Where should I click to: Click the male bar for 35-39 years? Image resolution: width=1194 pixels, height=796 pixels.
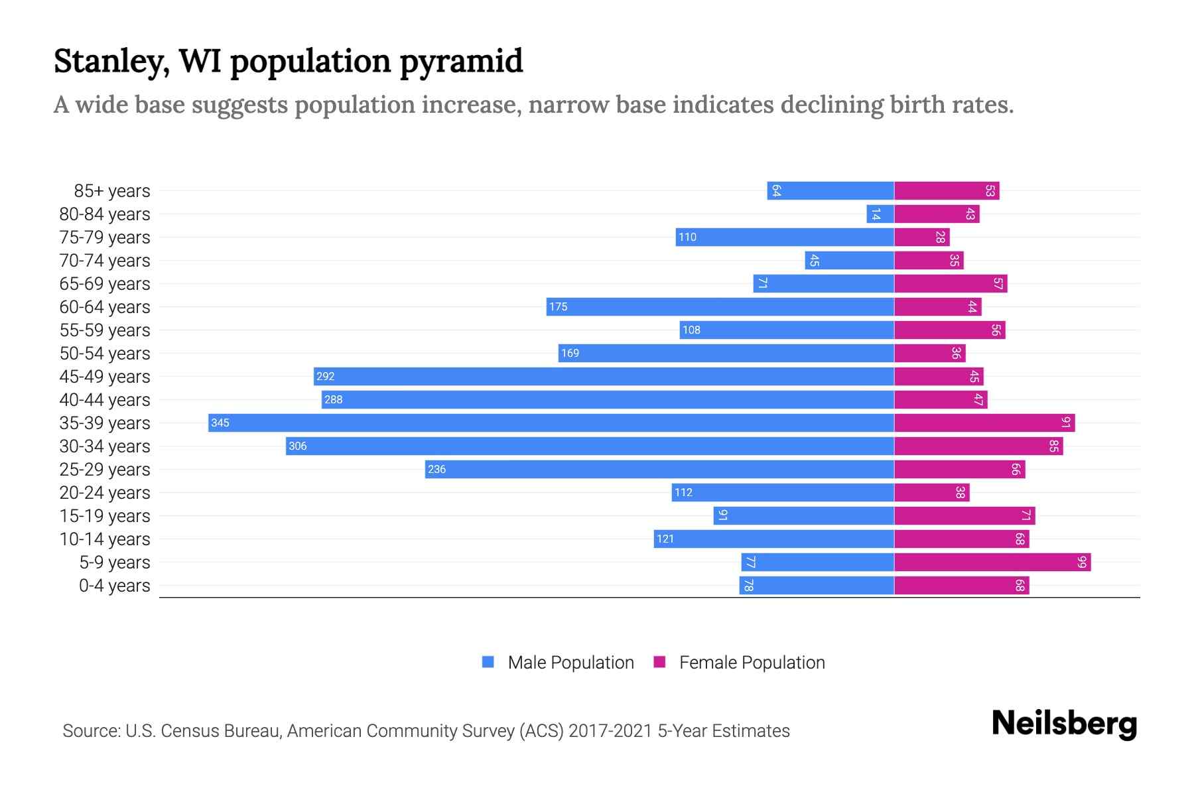pyautogui.click(x=551, y=423)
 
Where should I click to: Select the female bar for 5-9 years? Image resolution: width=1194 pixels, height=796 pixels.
pyautogui.click(x=992, y=563)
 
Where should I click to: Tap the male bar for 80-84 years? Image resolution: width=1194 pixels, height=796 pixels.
pyautogui.click(x=880, y=214)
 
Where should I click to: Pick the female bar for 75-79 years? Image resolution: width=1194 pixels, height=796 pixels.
pyautogui.click(x=921, y=237)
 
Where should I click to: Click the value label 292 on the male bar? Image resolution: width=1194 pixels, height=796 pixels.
pyautogui.click(x=325, y=376)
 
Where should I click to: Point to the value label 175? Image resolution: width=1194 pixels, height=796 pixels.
pyautogui.click(x=558, y=306)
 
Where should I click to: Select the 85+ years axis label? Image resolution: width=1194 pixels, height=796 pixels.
pyautogui.click(x=111, y=191)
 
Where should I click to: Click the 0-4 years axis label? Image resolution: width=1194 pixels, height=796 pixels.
pyautogui.click(x=114, y=586)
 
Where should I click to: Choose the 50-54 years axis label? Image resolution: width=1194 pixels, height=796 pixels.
pyautogui.click(x=105, y=354)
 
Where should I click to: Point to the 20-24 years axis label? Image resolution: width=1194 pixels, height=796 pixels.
pyautogui.click(x=105, y=493)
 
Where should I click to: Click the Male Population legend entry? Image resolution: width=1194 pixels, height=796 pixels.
pyautogui.click(x=570, y=663)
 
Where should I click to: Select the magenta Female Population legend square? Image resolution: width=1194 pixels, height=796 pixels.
pyautogui.click(x=659, y=662)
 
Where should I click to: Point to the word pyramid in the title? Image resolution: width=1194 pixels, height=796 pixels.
pyautogui.click(x=461, y=61)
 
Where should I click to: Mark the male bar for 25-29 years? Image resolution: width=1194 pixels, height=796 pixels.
pyautogui.click(x=659, y=469)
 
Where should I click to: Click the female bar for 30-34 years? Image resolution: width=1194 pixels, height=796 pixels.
pyautogui.click(x=978, y=446)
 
